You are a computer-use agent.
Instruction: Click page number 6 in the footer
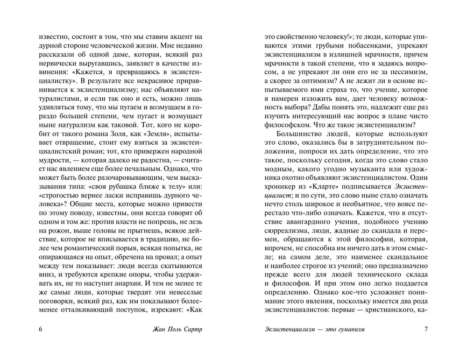tap(41, 329)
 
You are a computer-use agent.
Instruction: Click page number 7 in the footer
tap(425, 329)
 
